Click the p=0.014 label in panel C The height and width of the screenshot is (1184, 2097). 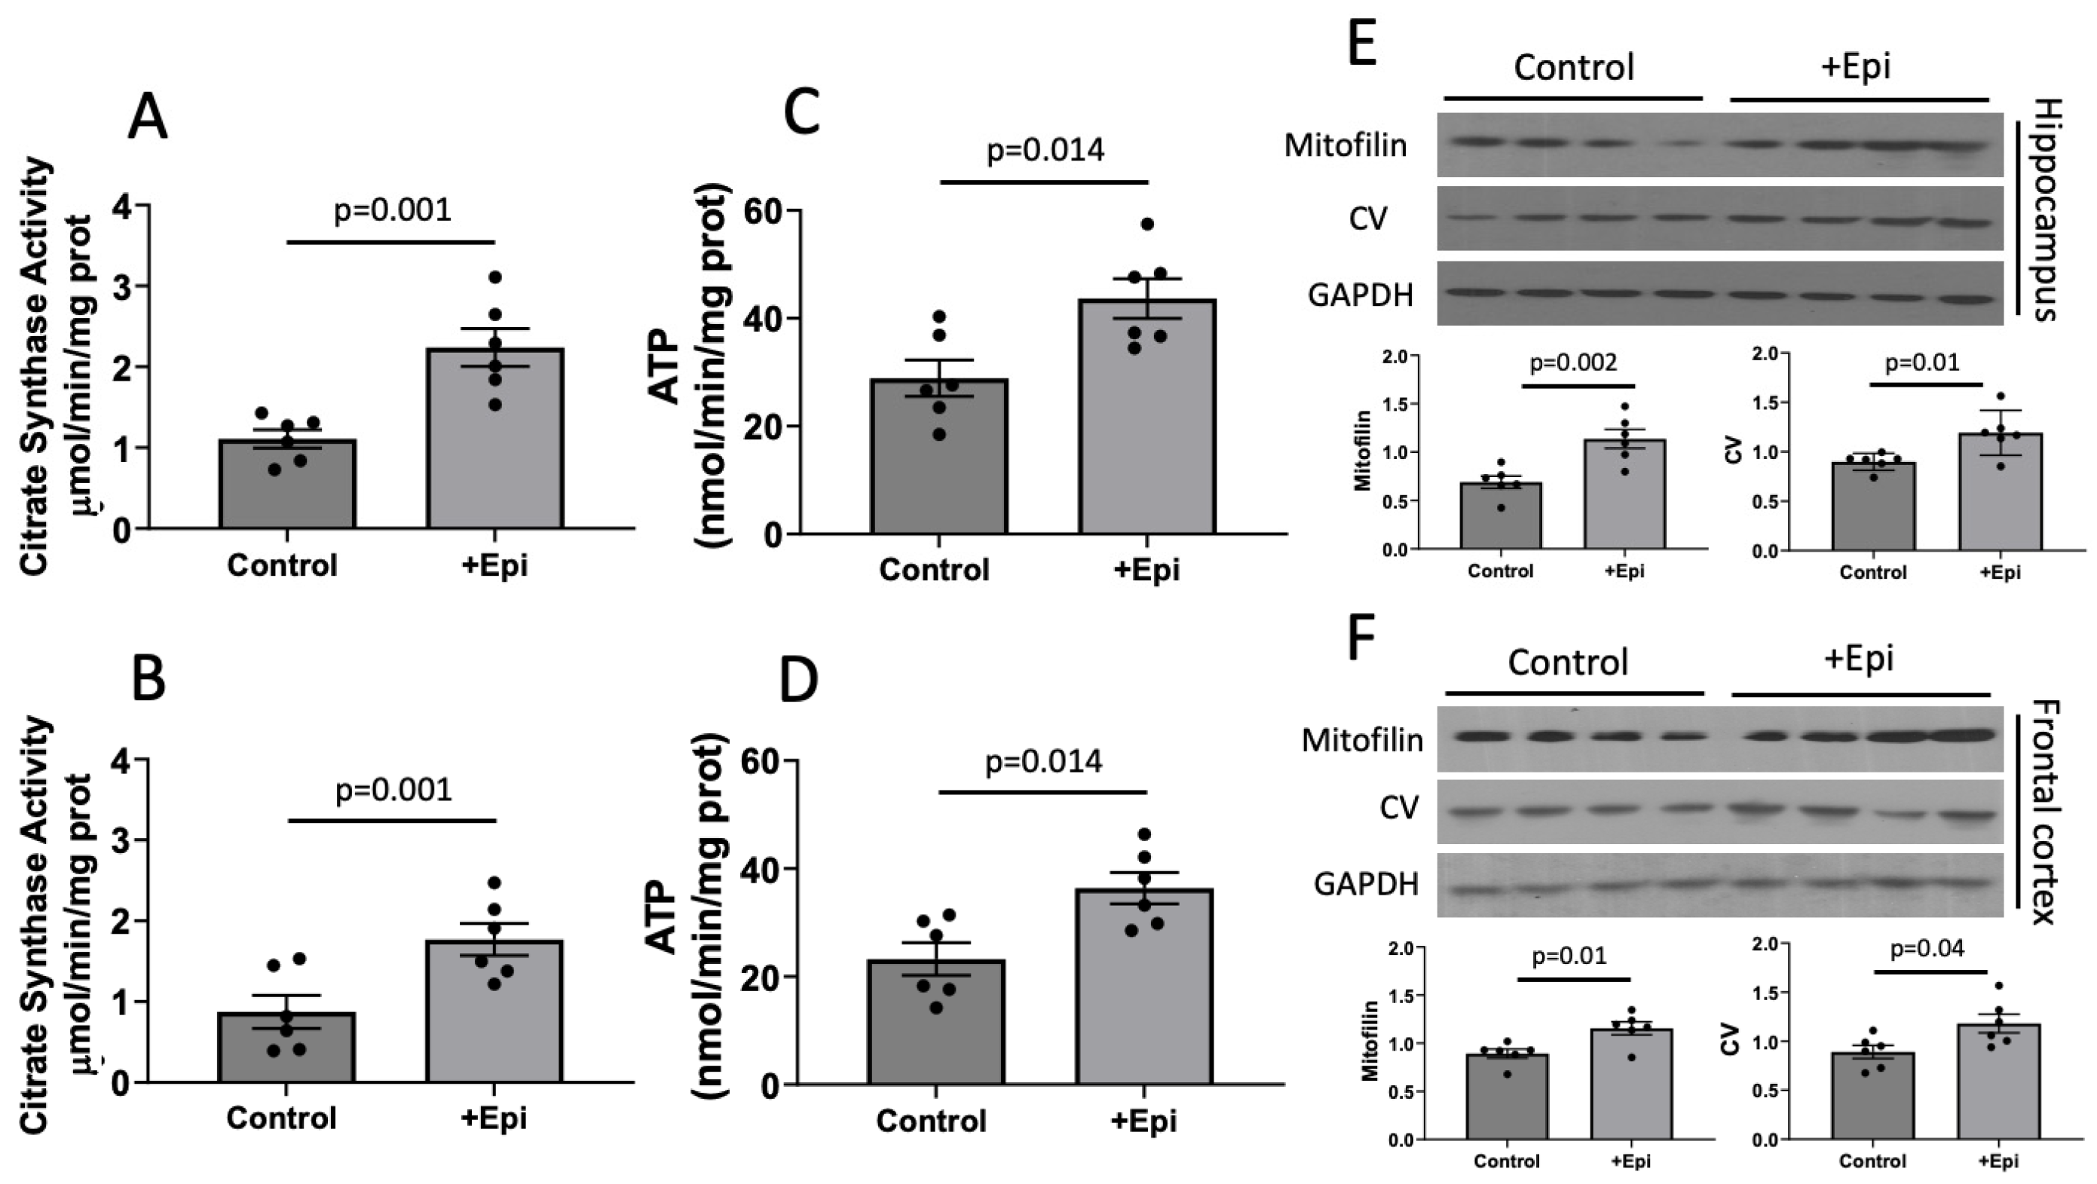coord(1045,150)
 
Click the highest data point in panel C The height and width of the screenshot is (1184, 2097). coord(1148,224)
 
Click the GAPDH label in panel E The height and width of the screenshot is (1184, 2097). coord(1361,295)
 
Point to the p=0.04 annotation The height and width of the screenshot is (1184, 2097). coord(1927,948)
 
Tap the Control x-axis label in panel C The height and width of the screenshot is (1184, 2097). coord(934,569)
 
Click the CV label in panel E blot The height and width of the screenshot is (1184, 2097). coord(1367,219)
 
